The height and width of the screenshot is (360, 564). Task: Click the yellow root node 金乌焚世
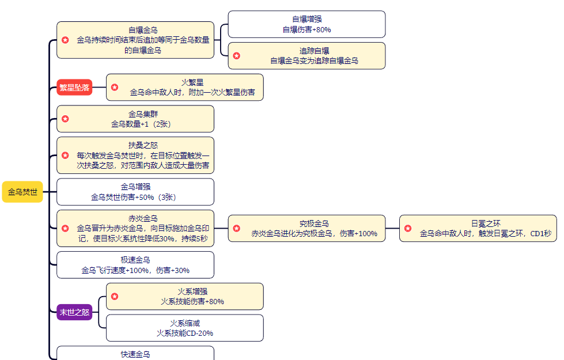coord(22,192)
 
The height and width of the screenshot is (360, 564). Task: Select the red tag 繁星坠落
coord(74,88)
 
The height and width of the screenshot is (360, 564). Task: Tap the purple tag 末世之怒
coord(74,312)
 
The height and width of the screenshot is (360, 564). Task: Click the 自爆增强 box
coord(306,24)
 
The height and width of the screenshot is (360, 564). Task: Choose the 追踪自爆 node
coord(306,56)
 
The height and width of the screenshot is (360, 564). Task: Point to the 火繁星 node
coord(184,88)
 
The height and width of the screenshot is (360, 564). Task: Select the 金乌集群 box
coord(135,119)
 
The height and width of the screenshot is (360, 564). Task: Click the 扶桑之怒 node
coord(135,156)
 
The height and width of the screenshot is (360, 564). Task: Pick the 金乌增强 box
coord(135,192)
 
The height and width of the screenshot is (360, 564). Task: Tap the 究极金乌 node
coord(306,228)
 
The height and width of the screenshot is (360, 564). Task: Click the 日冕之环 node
coord(478,228)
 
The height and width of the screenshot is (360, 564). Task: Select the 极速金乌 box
coord(135,265)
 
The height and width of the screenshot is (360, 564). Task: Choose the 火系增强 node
coord(184,296)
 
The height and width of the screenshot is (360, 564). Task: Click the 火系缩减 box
coord(184,328)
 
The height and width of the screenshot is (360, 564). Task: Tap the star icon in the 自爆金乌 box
coord(66,40)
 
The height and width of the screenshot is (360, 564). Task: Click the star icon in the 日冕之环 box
coord(408,229)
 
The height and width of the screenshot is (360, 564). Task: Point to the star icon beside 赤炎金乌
coord(66,229)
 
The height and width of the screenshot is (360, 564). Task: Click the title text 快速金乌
coord(135,354)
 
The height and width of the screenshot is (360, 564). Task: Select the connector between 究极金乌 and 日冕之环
coord(392,229)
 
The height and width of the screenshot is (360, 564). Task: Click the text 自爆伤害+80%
coord(306,29)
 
